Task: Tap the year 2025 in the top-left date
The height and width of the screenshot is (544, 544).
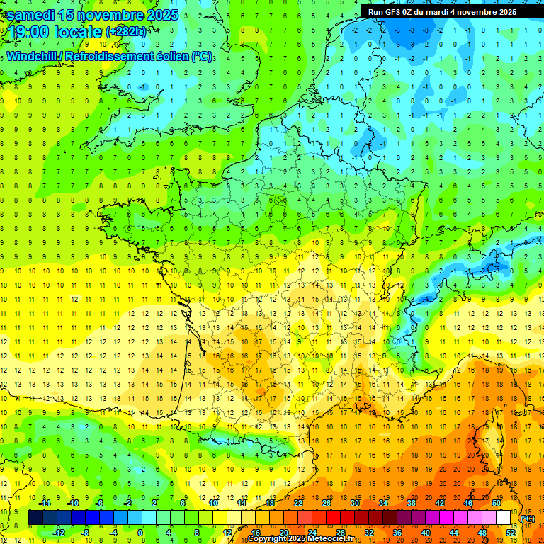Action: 144,15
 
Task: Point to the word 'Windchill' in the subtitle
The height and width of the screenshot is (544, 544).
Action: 33,56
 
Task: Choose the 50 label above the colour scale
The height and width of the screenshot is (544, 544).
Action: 497,503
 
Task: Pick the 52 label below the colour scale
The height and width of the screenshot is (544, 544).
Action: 511,533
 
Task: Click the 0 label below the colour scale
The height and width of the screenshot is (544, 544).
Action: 140,533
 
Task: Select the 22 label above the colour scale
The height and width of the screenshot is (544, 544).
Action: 298,503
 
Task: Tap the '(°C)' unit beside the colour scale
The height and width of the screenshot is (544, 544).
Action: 527,518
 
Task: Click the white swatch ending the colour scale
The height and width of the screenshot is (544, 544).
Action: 503,518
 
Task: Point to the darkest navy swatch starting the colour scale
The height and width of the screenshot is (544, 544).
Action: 35,518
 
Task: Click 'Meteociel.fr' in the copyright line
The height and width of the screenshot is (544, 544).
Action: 329,539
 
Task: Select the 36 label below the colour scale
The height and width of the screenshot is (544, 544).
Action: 397,533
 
